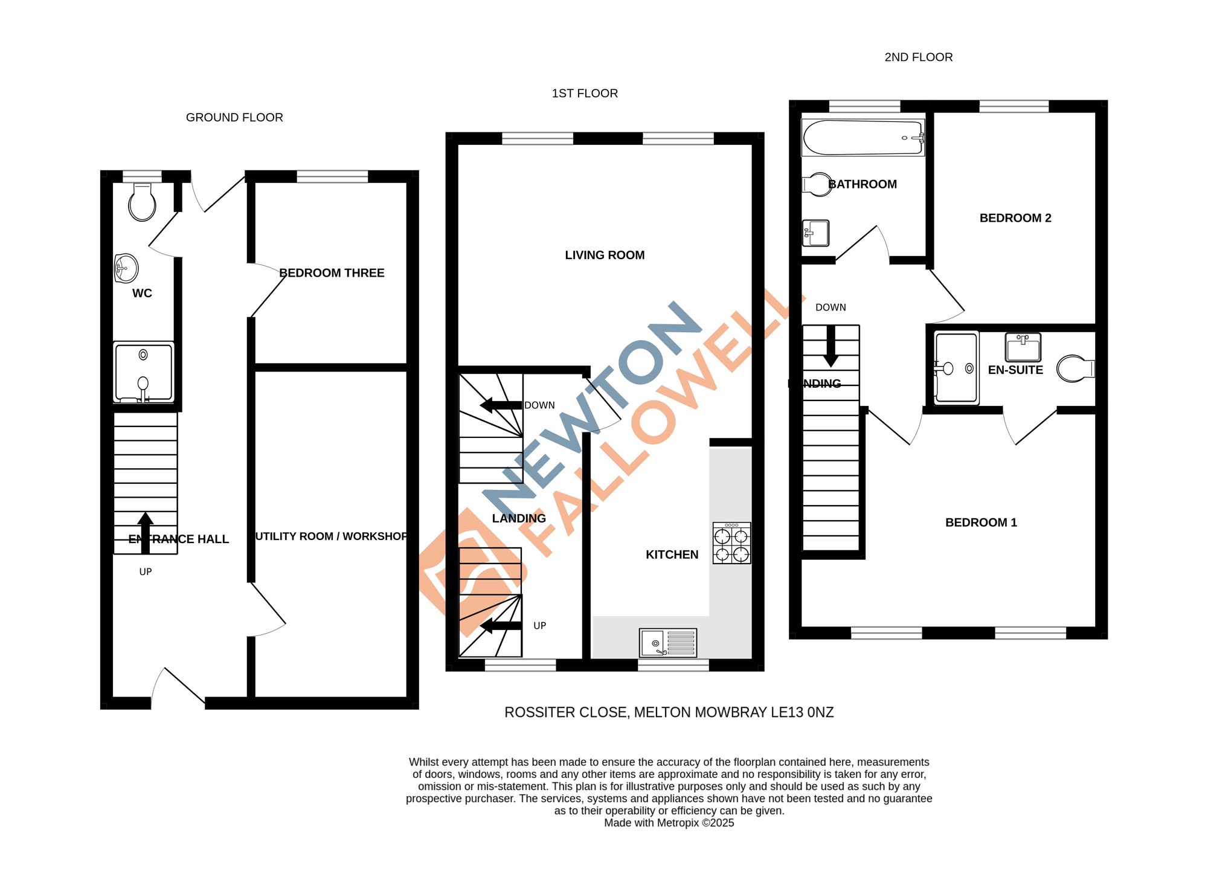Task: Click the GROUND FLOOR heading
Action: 234,118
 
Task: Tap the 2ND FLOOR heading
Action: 918,57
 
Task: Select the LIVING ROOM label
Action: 605,256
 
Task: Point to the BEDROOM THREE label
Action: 332,273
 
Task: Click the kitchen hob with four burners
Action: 731,544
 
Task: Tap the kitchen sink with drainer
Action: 668,643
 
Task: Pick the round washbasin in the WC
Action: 126,268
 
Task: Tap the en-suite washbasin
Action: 1023,347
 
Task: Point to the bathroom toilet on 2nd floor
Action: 817,184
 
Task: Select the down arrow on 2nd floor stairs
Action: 830,347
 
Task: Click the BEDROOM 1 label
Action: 981,523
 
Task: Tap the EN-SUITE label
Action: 1015,370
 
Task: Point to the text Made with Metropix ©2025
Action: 669,823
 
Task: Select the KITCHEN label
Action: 672,555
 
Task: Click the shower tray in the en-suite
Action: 956,368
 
